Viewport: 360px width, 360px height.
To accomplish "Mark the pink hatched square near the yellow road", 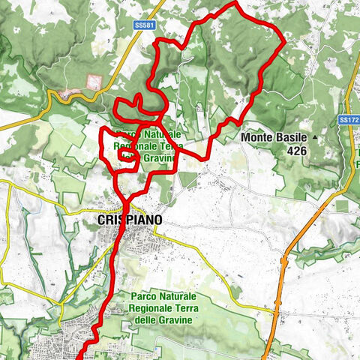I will pos(94,82).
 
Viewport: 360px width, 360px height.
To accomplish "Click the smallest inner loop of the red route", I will pos(125,155).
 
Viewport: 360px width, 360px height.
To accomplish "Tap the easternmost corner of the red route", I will pos(284,43).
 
